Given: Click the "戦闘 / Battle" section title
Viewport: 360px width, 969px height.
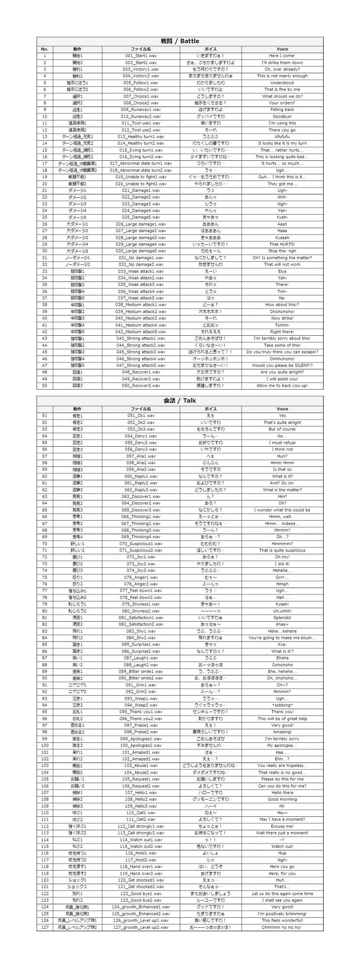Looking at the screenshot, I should tap(180, 41).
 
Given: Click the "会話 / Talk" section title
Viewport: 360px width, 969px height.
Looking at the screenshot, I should tap(180, 401).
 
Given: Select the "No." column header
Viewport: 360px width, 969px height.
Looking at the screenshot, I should tap(45, 49).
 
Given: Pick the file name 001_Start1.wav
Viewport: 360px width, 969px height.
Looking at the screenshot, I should tap(141, 56).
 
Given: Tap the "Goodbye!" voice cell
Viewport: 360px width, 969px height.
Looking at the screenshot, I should tap(282, 116).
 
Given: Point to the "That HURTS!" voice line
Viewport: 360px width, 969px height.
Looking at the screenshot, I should tap(282, 244).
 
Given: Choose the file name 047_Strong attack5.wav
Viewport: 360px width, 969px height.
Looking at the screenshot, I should tap(141, 365).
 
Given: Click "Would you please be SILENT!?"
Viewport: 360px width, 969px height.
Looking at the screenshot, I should tap(282, 365).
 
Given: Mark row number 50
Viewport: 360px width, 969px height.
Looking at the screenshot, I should tap(45, 386).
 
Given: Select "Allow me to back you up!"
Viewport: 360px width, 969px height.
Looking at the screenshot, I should tap(282, 386).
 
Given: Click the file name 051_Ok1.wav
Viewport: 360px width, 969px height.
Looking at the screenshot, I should tap(141, 416).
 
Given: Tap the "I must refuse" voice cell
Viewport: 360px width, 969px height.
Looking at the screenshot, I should tap(282, 442).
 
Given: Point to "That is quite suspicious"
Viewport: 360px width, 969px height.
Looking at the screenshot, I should tap(282, 550).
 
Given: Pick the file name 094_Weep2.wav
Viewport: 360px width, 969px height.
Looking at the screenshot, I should tap(141, 705).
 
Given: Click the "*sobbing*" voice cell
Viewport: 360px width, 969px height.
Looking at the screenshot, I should tap(282, 705).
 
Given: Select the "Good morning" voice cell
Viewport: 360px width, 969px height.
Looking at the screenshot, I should tap(282, 799).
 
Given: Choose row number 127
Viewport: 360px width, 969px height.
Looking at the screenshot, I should tap(45, 927).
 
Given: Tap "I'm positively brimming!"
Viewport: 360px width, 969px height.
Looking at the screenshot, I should tap(282, 913).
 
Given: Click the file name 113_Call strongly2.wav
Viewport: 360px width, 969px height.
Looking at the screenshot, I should tap(141, 833).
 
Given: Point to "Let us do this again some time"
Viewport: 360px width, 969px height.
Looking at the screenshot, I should tap(282, 893).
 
